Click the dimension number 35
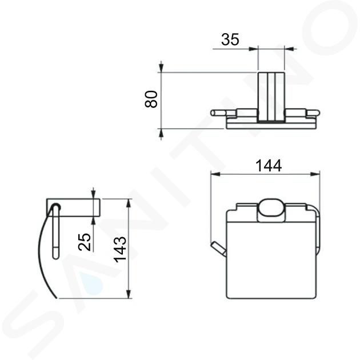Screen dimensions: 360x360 [230, 39]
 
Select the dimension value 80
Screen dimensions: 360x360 [151, 99]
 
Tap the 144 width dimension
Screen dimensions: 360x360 [269, 166]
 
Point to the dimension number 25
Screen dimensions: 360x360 [85, 242]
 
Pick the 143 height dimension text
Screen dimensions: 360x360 [121, 250]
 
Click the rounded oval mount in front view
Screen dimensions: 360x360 [271, 210]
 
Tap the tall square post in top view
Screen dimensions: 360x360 [271, 97]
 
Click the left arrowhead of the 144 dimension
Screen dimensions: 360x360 [215, 174]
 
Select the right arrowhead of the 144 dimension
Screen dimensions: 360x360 [315, 174]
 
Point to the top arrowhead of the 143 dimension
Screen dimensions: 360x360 [129, 203]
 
